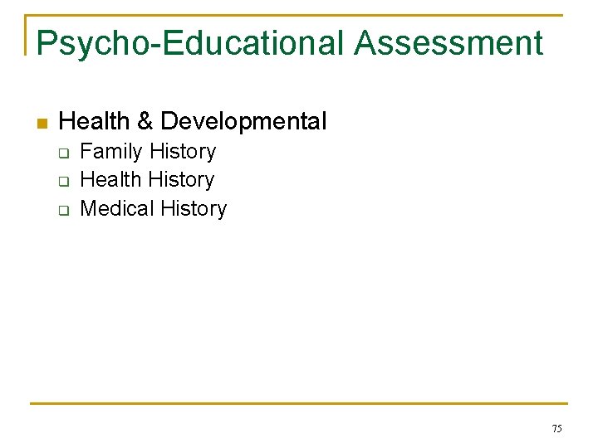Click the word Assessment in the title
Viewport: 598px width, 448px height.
(x=448, y=43)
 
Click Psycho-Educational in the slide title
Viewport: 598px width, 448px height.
(x=190, y=43)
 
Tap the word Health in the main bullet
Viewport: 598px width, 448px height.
(x=95, y=122)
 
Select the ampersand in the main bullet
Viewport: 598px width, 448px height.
(x=145, y=122)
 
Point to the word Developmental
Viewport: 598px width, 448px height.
(x=243, y=122)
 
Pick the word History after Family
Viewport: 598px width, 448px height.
(x=183, y=152)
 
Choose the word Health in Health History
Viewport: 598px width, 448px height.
(x=110, y=179)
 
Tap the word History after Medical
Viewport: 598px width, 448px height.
(x=194, y=208)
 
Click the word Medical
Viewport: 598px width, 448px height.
(x=117, y=208)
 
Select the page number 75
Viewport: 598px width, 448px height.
(x=556, y=428)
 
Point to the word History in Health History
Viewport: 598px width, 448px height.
(x=181, y=179)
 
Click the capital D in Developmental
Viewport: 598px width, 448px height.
(x=169, y=122)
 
